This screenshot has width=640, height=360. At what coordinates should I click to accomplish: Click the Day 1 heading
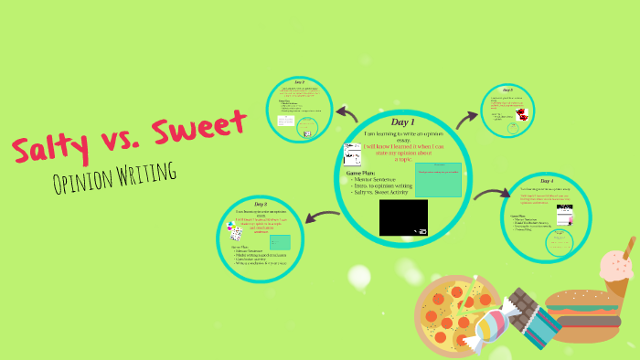click(402, 122)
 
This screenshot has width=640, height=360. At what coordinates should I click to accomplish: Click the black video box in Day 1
click(403, 217)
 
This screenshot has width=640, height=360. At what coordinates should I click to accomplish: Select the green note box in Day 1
click(438, 179)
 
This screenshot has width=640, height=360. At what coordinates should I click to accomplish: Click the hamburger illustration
click(586, 316)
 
